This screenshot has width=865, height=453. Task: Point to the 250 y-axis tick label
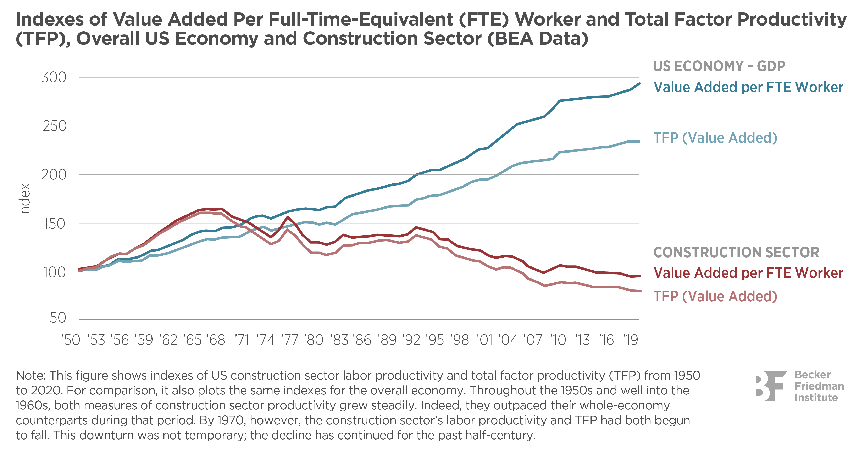54,126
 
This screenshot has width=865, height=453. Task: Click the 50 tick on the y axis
58,318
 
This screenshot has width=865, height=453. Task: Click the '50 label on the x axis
71,340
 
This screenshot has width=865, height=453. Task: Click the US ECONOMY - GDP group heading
718,66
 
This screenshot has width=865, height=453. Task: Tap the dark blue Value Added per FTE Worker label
748,87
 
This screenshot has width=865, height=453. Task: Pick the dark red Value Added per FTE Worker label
748,273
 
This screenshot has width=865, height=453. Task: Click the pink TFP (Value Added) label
715,297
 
